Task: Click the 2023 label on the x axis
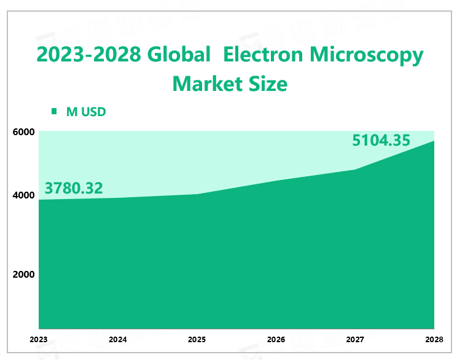tap(39, 339)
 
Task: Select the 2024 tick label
tap(117, 339)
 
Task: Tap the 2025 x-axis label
tap(197, 339)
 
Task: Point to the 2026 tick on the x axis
tap(276, 339)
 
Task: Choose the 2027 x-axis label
tap(356, 339)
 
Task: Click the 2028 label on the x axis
tap(434, 339)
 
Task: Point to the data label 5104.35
tap(381, 140)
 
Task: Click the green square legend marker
tap(54, 111)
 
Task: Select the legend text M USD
tap(86, 111)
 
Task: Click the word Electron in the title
tap(262, 55)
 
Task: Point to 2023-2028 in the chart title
tap(88, 55)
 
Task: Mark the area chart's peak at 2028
tap(434, 141)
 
